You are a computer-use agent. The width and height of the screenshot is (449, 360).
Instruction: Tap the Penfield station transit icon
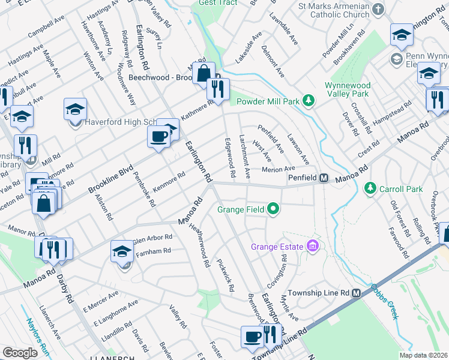pos(323,178)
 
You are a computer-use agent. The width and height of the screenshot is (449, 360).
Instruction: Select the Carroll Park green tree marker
pos(370,188)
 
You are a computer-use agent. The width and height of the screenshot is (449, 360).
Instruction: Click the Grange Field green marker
pos(274,209)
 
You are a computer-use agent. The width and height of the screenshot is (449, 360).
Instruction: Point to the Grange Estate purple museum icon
pos(312,246)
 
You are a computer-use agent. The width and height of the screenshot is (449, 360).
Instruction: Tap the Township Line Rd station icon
pos(356,293)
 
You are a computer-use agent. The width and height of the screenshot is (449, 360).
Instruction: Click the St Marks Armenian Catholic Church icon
pos(378,9)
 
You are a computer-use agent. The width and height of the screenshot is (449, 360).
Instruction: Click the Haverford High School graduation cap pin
pos(75,110)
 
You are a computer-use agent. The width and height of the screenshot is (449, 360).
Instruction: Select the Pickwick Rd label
pos(225,275)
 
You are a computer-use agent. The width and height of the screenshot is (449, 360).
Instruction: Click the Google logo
pos(20,353)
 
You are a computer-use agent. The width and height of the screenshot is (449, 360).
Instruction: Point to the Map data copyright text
pos(423,355)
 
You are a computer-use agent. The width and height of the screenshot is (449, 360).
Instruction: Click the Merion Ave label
pos(279,170)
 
